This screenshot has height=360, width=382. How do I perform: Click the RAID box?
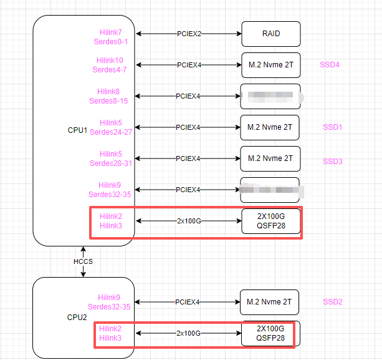(271, 34)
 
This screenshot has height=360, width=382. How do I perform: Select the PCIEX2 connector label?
(189, 34)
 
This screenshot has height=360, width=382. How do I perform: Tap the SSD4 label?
(329, 65)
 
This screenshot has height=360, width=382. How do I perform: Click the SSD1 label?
(333, 127)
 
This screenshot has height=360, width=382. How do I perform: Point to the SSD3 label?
(333, 162)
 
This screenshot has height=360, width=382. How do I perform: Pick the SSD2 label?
(333, 302)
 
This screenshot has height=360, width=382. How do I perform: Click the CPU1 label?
(77, 130)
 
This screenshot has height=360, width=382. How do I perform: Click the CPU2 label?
(77, 317)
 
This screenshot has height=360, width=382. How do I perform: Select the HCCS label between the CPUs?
(82, 261)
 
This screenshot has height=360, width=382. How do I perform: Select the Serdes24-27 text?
(111, 132)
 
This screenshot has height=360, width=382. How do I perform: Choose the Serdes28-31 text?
(111, 163)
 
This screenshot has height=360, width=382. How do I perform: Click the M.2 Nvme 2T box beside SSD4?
(270, 65)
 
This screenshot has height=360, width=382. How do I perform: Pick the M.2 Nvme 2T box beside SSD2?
(269, 302)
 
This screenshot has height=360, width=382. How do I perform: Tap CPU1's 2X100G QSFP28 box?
(270, 221)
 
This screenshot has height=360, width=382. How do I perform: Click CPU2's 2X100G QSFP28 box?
(270, 333)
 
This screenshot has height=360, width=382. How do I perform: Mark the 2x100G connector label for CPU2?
(188, 333)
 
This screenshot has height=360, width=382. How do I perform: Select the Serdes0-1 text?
(113, 42)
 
